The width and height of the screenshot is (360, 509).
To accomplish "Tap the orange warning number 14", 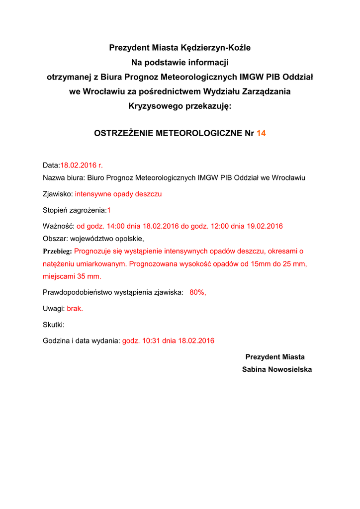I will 261,133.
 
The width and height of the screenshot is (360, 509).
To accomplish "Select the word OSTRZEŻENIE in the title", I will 124,133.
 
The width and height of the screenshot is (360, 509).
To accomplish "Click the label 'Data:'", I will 51,165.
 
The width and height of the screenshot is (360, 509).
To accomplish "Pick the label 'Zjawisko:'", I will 58,194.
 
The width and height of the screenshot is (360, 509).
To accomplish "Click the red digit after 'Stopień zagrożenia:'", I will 109,210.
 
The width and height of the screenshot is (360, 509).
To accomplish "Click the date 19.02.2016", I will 265,226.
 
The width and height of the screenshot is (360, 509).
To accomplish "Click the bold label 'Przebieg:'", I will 57,251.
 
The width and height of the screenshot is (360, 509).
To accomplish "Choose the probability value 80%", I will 197,292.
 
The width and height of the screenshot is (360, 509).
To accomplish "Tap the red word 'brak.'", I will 75,309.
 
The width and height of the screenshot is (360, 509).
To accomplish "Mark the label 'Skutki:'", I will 54,325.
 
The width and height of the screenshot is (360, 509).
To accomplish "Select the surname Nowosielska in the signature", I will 290,369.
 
